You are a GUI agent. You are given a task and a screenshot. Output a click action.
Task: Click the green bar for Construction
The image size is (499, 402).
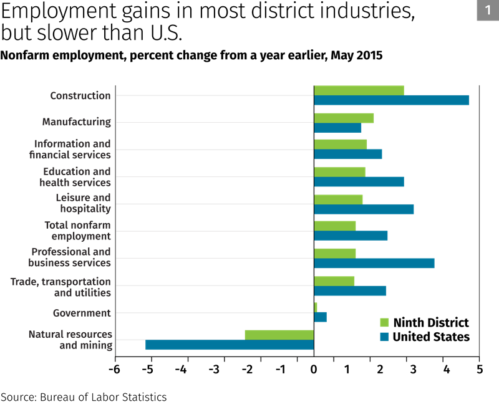(x=359, y=90)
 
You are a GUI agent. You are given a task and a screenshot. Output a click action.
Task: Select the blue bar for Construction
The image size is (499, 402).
(x=392, y=100)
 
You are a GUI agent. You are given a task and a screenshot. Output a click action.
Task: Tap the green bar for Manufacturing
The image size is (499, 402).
(x=344, y=118)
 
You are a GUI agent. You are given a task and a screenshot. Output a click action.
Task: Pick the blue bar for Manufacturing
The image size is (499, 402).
(x=337, y=128)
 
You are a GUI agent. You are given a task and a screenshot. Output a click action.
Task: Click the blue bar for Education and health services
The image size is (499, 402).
(x=359, y=182)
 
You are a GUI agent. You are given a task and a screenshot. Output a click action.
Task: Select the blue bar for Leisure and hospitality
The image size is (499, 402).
(x=364, y=209)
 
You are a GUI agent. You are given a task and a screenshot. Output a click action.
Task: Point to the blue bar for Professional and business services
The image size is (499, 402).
(x=374, y=264)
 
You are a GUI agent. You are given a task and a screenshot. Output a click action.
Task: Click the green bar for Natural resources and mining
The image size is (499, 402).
(x=279, y=335)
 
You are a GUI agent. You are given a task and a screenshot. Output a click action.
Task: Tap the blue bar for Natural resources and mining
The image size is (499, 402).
(x=230, y=345)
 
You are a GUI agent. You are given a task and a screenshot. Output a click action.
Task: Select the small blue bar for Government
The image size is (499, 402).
(x=320, y=317)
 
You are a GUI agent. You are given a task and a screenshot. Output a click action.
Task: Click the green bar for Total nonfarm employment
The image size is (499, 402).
(x=335, y=226)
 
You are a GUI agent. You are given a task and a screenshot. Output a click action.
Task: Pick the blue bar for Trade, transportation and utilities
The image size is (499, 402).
(x=350, y=291)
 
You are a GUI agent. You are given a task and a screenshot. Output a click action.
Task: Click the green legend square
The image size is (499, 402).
(x=384, y=322)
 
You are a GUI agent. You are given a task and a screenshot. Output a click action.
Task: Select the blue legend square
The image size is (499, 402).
(x=384, y=337)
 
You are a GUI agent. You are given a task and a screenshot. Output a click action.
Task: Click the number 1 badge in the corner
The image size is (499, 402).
(x=488, y=11)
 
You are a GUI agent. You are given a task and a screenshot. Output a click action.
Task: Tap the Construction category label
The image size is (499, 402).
(x=80, y=96)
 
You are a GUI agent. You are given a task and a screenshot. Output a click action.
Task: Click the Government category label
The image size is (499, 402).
(x=82, y=313)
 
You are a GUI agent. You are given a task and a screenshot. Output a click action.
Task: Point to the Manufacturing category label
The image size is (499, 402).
(x=76, y=122)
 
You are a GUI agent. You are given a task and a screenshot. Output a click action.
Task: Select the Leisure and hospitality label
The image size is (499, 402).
(x=83, y=203)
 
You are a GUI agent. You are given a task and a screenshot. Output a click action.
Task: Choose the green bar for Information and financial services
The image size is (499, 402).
(x=341, y=144)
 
